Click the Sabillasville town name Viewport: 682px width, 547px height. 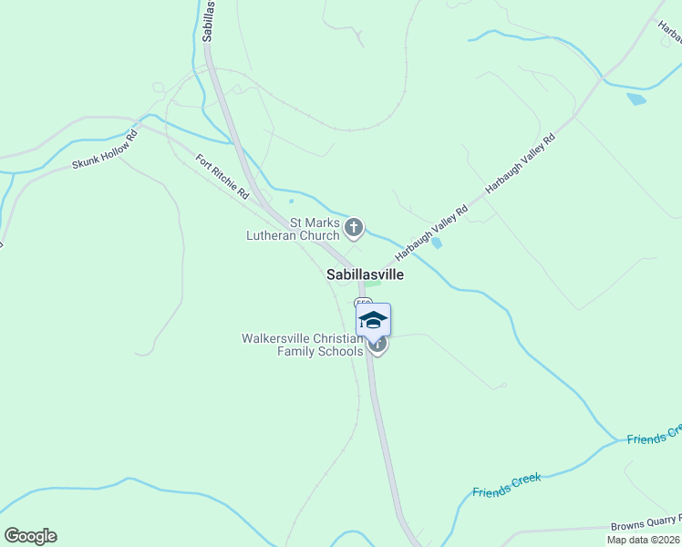point(365,273)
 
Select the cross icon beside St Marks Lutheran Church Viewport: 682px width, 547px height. point(354,228)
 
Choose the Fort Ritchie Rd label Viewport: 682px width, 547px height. point(222,176)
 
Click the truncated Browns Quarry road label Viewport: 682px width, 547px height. point(648,522)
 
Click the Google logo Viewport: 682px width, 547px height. point(30,536)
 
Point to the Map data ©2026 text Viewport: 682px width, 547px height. point(642,540)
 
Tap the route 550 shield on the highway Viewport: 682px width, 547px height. point(364,303)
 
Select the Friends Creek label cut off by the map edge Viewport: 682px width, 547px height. point(654,435)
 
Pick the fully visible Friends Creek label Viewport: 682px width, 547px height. point(507,484)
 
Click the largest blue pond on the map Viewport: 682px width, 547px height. point(635,98)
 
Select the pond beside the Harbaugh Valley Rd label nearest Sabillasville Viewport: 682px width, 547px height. point(438,243)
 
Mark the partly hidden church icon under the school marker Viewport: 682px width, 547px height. point(378,346)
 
